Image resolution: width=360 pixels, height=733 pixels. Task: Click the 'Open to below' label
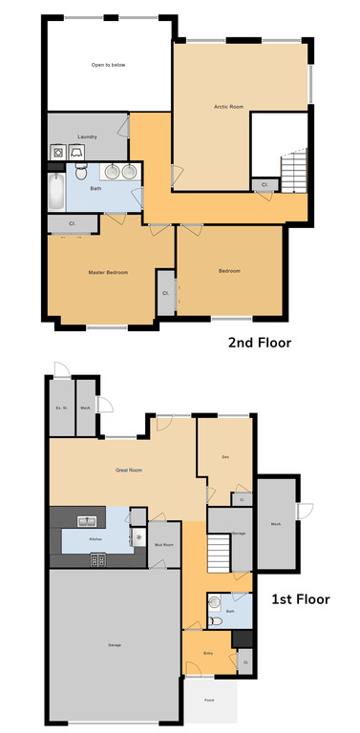pos(109,65)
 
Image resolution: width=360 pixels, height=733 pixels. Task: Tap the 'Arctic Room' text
pos(229,106)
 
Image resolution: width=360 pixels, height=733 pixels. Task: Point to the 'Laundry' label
pos(87,136)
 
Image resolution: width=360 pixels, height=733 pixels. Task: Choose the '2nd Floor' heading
pos(259,342)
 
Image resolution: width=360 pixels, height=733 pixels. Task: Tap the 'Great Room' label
pos(129,470)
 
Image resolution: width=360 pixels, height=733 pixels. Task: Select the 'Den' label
pos(225,458)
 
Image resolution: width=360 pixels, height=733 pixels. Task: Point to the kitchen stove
pos(98,560)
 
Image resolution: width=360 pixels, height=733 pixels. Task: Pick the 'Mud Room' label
pos(162,545)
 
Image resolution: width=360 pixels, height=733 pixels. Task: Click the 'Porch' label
pos(209,701)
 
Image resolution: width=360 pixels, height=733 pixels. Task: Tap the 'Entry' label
pos(208,654)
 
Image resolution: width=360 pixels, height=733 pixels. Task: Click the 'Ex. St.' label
pos(60,408)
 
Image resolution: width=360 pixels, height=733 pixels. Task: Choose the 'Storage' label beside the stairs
pos(240,533)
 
